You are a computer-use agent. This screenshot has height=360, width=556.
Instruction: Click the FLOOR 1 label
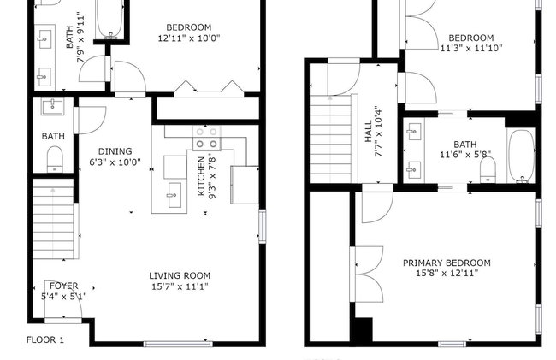pos(45,339)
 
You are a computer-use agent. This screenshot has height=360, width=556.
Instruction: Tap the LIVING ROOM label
pos(180,275)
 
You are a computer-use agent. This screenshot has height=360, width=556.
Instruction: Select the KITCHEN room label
pos(201,176)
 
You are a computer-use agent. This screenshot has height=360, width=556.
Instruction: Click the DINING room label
pos(115,151)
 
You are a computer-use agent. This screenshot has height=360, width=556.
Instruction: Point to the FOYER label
pos(64,286)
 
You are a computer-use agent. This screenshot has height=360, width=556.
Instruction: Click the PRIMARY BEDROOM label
pos(447,263)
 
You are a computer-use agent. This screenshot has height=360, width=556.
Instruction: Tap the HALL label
pos(369,132)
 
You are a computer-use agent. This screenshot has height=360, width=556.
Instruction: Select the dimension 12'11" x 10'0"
pos(189,38)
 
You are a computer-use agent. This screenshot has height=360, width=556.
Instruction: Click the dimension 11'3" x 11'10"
pos(471,48)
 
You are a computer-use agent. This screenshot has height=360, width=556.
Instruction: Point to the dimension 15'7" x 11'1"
pos(180,286)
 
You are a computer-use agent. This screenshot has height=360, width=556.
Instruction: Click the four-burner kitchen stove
pos(206,138)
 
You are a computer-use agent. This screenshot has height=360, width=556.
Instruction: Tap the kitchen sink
pos(174,195)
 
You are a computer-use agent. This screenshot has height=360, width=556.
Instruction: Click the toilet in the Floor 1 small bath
pos(55,160)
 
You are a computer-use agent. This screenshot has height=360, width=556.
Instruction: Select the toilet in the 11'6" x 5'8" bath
pos(488,169)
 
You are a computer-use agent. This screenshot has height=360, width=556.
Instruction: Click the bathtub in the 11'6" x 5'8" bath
pos(521,156)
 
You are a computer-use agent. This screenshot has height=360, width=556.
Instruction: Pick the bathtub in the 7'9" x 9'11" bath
pos(110,19)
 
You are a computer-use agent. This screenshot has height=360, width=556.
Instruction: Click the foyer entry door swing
pos(63,299)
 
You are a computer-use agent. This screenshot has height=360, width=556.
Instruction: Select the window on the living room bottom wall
pos(178,344)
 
